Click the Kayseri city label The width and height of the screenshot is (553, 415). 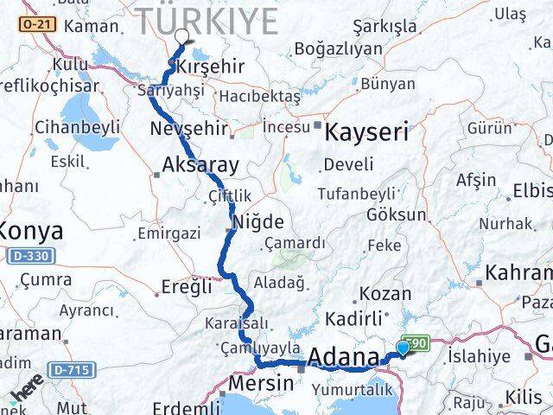(x=365, y=131)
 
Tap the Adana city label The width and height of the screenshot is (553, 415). (x=343, y=357)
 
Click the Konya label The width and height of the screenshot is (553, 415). (x=32, y=232)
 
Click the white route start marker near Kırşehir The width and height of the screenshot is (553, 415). (x=182, y=36)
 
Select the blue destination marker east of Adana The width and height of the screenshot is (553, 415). (x=403, y=348)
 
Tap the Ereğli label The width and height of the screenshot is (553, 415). (x=187, y=287)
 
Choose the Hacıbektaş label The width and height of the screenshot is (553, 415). (x=259, y=95)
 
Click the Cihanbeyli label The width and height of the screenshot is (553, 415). (x=77, y=128)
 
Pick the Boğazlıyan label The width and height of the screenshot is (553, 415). (x=338, y=49)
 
